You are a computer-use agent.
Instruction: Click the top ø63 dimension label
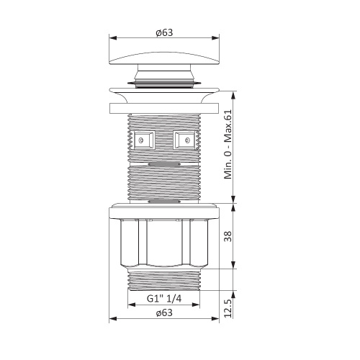click(164, 32)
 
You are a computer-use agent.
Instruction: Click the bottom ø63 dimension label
click(164, 313)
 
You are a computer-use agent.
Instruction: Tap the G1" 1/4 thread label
click(164, 299)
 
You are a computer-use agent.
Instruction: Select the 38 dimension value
click(228, 236)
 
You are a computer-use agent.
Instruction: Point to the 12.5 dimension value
click(228, 308)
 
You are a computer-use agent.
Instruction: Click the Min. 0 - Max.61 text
click(228, 144)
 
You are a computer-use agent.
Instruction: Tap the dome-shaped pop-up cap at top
click(164, 58)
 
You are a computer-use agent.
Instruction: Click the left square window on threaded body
click(143, 140)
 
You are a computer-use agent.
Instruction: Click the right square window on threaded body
click(185, 140)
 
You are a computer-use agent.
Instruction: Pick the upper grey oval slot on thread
click(164, 164)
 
